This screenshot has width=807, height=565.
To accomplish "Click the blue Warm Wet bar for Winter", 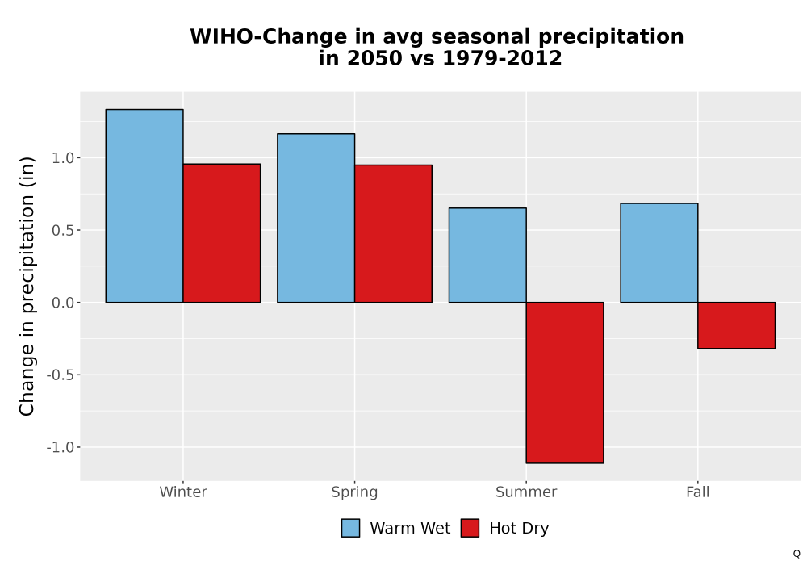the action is coord(144,206).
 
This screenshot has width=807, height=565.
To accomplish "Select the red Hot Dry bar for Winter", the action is coord(222,233).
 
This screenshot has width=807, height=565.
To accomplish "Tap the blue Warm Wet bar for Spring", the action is coord(316,218).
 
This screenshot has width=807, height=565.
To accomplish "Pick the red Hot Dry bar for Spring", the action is coord(393,233).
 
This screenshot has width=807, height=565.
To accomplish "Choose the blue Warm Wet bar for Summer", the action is coord(487,255).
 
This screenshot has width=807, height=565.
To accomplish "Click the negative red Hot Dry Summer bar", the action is coord(565,383).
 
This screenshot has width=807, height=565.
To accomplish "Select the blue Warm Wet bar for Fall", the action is coord(659,253).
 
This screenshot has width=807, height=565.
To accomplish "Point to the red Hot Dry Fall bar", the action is coord(737,325).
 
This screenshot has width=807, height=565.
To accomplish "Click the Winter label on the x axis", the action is coord(183,492).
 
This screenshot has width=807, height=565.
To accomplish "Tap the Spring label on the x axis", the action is coord(354,492).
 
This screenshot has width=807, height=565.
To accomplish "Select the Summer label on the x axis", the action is coord(526,492).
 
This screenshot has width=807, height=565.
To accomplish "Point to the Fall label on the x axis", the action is coord(698,492).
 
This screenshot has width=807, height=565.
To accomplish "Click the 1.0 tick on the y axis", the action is coord(63,158).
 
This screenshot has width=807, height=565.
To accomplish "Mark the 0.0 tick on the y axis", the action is coord(63,303).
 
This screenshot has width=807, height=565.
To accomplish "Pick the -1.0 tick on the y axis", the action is coord(61,447).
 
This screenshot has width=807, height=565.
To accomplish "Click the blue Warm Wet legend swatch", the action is coord(350,528).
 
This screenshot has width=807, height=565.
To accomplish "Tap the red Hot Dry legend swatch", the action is coord(470,528).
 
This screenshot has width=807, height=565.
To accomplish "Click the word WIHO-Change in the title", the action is coord(269,36).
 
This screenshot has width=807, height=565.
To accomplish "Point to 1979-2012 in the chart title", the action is coord(502,58).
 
